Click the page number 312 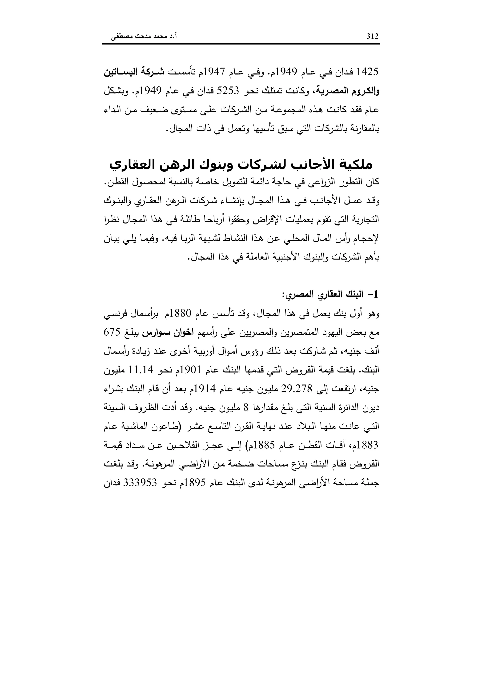tap(373, 37)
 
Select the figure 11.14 tap(140, 370)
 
